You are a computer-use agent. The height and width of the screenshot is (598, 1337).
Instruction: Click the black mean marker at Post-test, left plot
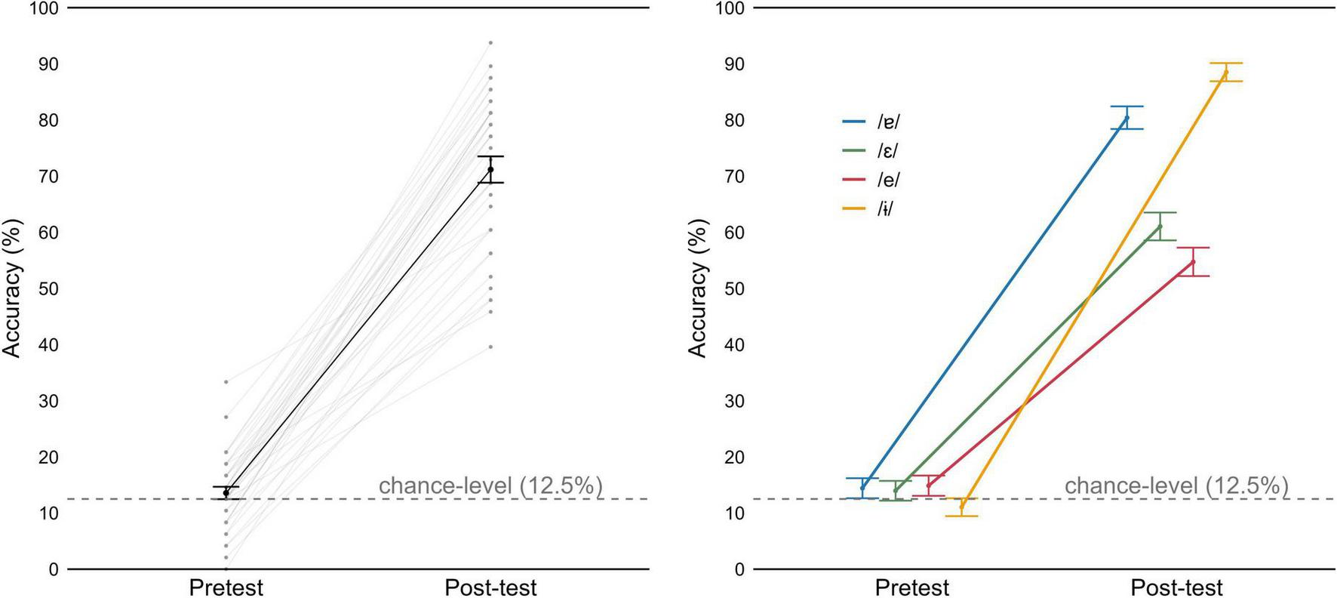point(490,169)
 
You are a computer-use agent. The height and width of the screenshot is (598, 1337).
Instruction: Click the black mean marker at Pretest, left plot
point(226,493)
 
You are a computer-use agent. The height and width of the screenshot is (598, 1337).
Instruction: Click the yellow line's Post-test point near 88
point(1225,72)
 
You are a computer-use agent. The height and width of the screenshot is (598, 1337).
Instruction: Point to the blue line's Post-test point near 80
point(1126,118)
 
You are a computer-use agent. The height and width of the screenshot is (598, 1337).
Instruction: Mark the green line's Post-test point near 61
point(1160,227)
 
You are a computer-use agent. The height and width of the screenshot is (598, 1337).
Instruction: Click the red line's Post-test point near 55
point(1193,262)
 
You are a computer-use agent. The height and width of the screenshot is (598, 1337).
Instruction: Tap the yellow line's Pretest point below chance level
point(961,507)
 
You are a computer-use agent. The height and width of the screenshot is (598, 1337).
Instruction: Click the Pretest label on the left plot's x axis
point(226,587)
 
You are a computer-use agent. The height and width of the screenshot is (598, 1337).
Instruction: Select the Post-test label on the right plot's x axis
point(1176,587)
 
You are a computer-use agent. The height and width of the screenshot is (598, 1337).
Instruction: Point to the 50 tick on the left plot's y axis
point(48,289)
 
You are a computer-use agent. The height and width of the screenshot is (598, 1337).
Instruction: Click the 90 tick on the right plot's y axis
point(734,64)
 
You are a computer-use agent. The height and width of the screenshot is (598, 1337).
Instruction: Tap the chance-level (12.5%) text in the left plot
point(490,485)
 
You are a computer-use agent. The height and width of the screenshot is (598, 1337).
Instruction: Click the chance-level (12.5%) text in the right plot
point(1176,485)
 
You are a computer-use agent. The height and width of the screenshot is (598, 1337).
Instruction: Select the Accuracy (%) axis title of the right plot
point(698,288)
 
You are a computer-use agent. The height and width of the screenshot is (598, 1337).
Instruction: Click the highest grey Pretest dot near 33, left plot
point(226,382)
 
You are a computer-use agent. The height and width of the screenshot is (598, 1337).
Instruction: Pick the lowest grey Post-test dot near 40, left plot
point(490,347)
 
